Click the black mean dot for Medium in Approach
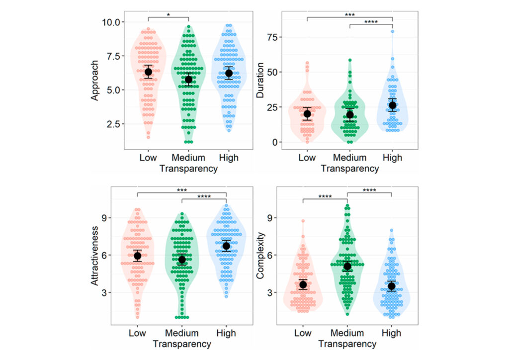(188, 80)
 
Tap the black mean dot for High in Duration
(392, 105)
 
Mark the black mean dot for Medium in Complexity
(347, 267)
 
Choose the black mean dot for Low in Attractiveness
(137, 256)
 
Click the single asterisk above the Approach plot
(169, 15)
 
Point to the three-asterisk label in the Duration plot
(349, 14)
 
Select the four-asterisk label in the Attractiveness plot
(204, 196)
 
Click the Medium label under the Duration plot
(349, 158)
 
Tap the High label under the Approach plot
(229, 158)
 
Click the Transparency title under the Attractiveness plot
(181, 344)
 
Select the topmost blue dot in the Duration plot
(392, 31)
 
